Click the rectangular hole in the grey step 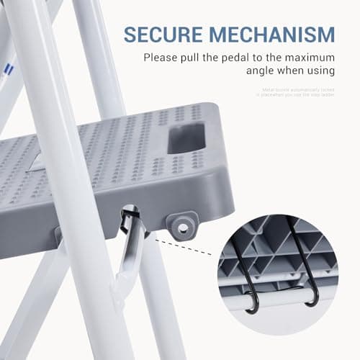pos(190,138)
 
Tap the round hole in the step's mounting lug pos(183,228)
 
